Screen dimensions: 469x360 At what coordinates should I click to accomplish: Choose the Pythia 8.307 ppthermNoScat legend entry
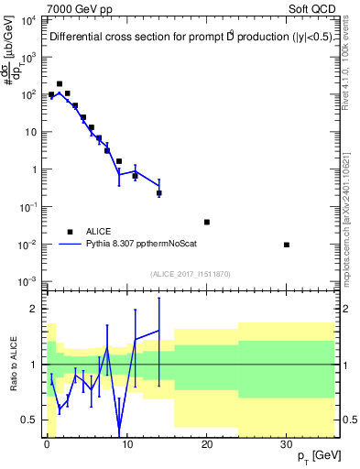pos(137,245)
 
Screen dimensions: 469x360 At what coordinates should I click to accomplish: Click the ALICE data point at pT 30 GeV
pos(287,245)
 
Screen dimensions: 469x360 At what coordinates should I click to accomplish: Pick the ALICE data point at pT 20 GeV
pos(207,222)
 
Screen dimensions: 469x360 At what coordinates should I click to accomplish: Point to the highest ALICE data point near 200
pos(60,83)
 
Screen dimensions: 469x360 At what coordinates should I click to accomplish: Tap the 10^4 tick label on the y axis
pos(28,19)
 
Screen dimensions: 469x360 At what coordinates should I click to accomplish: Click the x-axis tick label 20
pos(206,444)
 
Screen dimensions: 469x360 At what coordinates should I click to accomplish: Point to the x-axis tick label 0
pos(47,444)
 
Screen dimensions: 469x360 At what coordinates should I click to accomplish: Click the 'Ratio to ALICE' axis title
pos(10,365)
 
